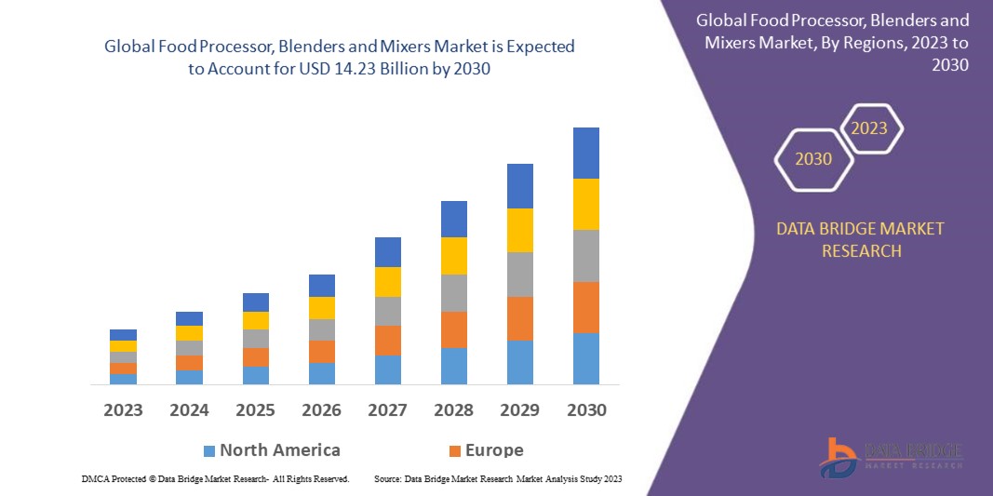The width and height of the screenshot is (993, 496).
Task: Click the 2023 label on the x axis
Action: [124, 409]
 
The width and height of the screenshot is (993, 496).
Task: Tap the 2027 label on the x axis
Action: [388, 409]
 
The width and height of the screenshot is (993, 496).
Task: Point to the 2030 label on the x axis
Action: [586, 409]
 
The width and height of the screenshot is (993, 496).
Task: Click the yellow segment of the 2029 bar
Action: [520, 230]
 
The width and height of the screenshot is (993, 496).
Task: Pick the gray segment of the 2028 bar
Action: [454, 292]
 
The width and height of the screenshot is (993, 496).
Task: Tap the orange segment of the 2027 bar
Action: [388, 340]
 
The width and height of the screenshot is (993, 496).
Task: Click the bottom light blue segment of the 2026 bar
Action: [322, 373]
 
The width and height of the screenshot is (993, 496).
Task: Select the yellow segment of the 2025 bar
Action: [256, 320]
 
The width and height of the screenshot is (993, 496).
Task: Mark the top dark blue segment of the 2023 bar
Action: [124, 335]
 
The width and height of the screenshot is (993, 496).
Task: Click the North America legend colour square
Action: [209, 451]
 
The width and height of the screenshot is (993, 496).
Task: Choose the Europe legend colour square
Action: [455, 451]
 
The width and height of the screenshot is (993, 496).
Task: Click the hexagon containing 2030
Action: [813, 159]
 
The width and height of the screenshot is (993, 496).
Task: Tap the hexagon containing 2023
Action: [869, 128]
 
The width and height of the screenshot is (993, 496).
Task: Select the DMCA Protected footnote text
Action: [215, 478]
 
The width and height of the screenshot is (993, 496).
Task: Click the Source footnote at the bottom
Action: [498, 478]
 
